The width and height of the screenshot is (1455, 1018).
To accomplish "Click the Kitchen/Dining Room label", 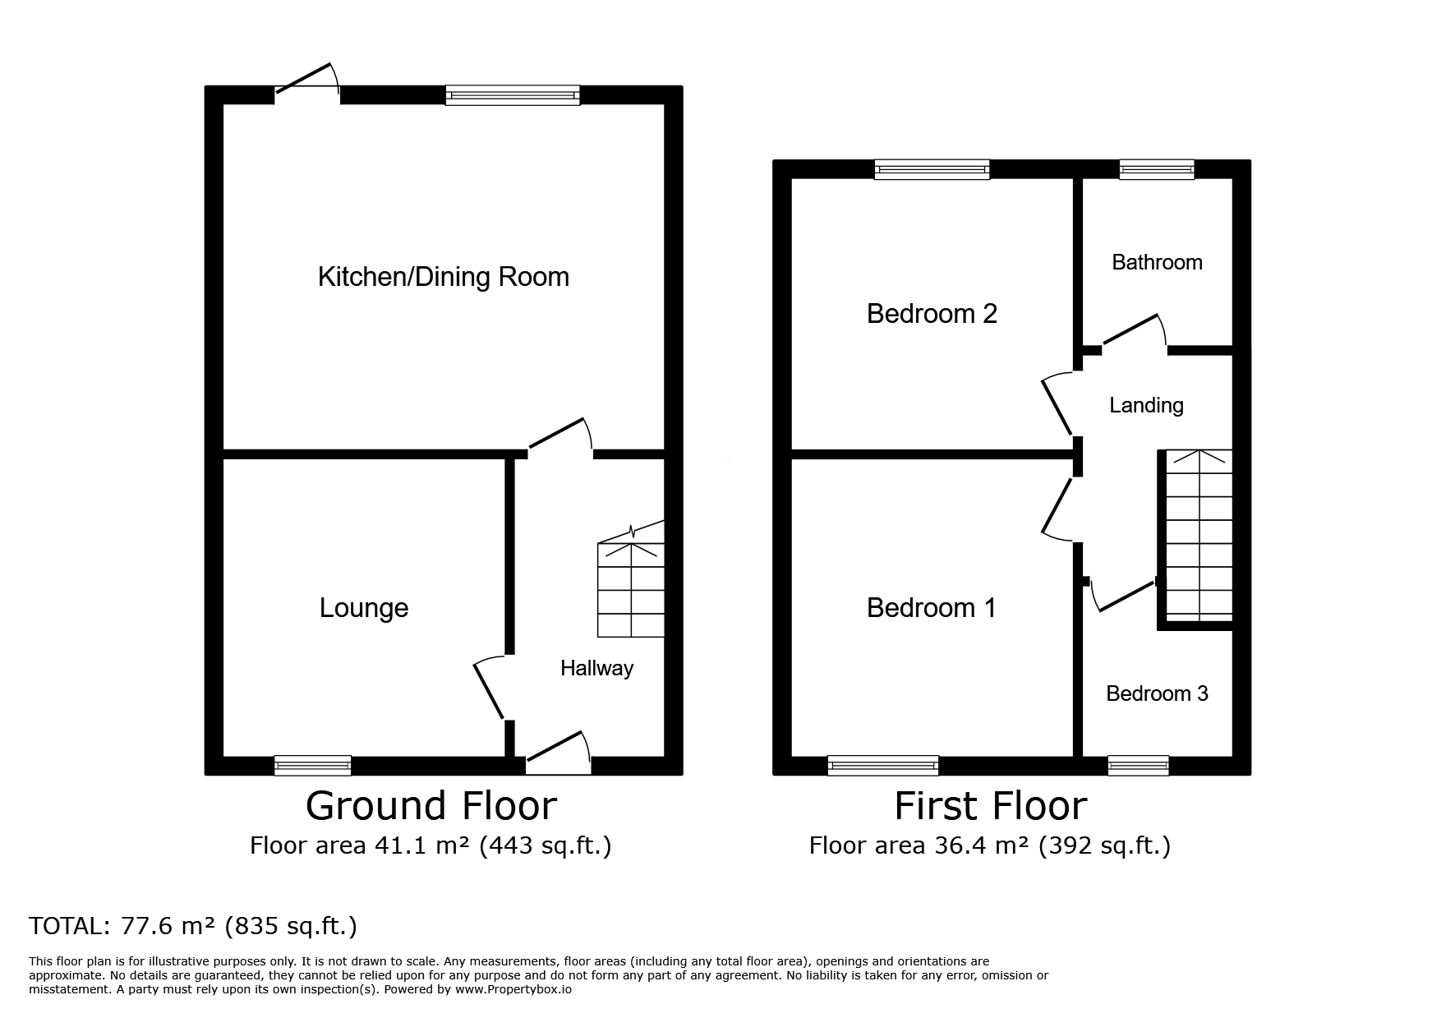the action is point(443,277).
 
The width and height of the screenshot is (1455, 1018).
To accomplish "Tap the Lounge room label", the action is point(364,608).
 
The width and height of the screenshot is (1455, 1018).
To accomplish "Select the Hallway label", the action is point(597,668).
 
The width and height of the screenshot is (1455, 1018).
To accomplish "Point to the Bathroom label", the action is point(1157,262).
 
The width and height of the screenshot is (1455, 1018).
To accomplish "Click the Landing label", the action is point(1146,405).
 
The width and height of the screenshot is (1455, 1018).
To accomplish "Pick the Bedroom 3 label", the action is point(1157,693).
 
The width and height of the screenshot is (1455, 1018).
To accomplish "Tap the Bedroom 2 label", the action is point(932,314).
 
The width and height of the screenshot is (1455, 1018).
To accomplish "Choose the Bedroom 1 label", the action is point(931,608).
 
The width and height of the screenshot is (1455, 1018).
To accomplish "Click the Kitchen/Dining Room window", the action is point(513,95).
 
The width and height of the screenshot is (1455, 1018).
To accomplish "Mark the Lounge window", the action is point(313,766).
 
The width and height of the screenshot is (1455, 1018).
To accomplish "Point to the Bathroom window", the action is point(1157,169).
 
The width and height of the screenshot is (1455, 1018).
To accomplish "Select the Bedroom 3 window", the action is point(1138,766).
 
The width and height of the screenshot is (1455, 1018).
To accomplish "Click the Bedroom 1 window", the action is point(883,766).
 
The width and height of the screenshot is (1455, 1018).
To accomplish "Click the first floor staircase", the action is point(1199,535).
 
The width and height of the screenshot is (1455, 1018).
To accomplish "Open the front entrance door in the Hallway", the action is point(559,752).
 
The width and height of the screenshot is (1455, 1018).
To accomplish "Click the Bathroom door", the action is point(1135,334).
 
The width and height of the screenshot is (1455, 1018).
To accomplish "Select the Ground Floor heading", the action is point(431,806).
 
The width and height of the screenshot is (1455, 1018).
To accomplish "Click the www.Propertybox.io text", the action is point(513,990).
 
